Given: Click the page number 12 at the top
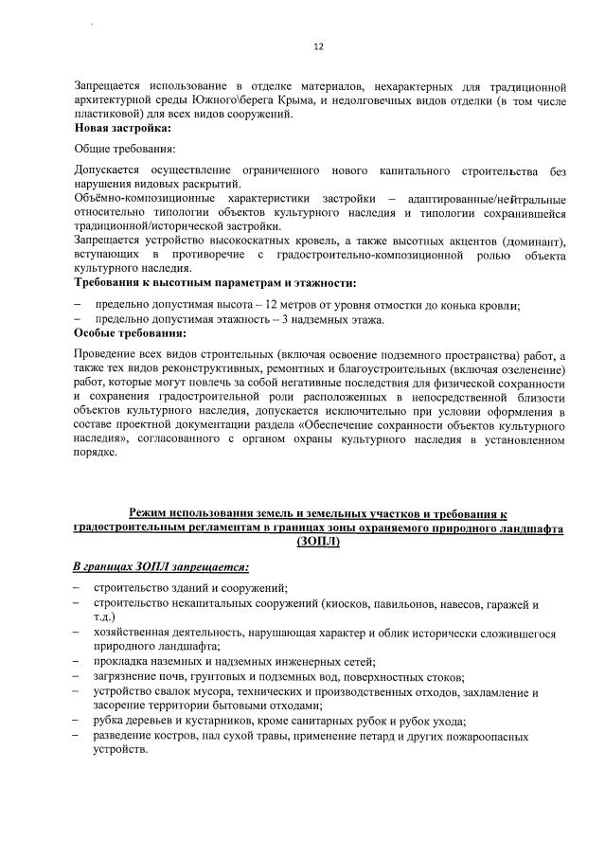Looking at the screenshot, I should pyautogui.click(x=318, y=45).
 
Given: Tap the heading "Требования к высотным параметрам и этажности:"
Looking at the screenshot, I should pyautogui.click(x=215, y=283).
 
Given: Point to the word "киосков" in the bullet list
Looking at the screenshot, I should pyautogui.click(x=349, y=604).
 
